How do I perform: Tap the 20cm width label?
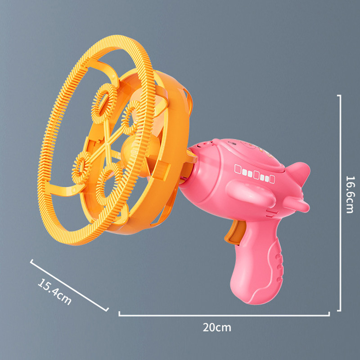pos(216,327)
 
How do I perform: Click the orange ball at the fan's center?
pos(132,147)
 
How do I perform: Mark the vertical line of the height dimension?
pos(340,202)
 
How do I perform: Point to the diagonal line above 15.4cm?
pos(69,285)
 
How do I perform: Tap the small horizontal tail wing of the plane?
pos(295,205)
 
